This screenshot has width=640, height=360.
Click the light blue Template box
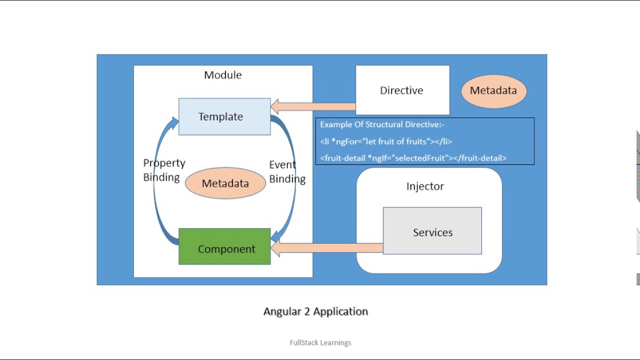pyautogui.click(x=224, y=116)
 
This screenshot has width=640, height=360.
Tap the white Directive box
pyautogui.click(x=402, y=90)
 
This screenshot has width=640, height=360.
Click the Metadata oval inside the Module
pyautogui.click(x=225, y=183)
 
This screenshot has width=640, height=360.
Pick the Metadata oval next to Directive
pyautogui.click(x=493, y=90)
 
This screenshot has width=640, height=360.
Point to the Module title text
pyautogui.click(x=222, y=75)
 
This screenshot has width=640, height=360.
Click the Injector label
pyautogui.click(x=425, y=186)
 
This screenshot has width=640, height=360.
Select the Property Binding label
pyautogui.click(x=164, y=170)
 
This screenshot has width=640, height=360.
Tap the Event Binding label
pyautogui.click(x=287, y=171)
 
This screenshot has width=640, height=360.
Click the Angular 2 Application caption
pyautogui.click(x=315, y=311)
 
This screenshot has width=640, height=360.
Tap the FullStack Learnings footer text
pyautogui.click(x=320, y=342)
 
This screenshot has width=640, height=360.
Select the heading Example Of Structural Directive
pyautogui.click(x=382, y=124)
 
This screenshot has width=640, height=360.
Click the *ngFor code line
pyautogui.click(x=386, y=141)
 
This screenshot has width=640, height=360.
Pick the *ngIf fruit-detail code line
pyautogui.click(x=413, y=158)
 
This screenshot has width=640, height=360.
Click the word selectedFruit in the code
pyautogui.click(x=419, y=158)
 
